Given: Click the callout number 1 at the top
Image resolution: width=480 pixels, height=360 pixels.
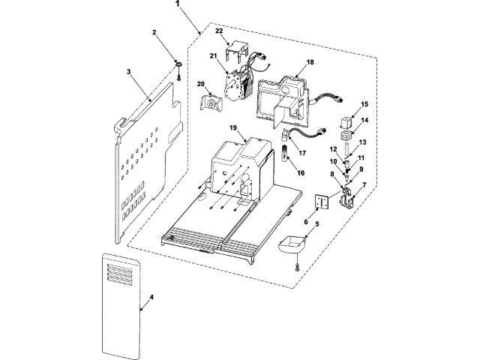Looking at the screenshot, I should [x=178, y=4].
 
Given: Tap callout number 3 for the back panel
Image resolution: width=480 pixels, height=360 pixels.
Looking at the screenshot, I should [x=129, y=72].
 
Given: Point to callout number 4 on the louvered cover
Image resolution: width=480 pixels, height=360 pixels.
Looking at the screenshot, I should [x=151, y=298].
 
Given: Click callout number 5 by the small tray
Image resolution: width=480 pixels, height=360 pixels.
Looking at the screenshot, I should [x=316, y=223].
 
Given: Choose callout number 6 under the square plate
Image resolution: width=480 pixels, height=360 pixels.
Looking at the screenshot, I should [x=305, y=221].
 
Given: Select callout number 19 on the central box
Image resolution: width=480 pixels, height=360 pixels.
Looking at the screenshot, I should [x=232, y=130].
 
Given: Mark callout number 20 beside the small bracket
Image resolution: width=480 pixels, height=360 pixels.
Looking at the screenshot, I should [x=201, y=84].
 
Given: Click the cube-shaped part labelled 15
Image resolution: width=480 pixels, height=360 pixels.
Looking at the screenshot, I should [x=349, y=121].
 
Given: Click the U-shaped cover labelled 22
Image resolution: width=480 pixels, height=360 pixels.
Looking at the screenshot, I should [x=237, y=49].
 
